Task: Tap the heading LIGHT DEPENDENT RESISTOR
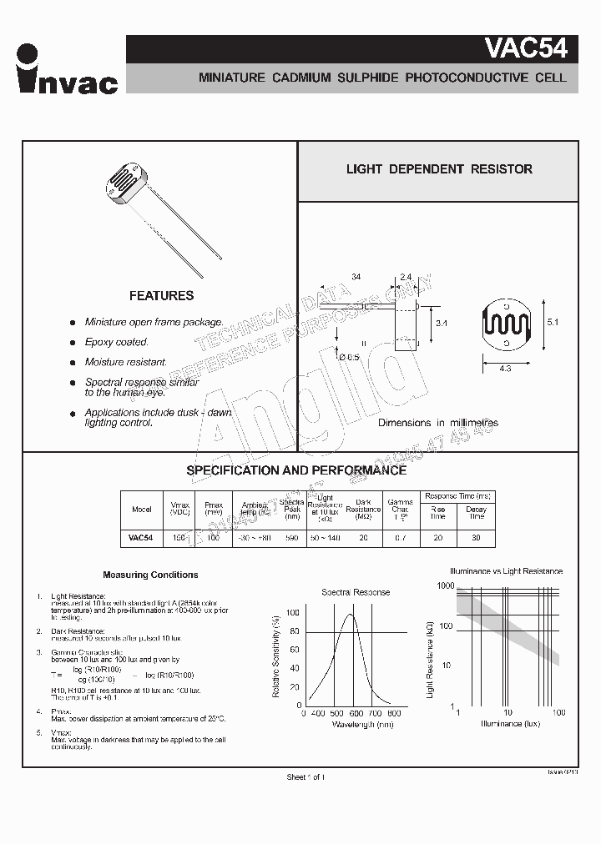[439, 169]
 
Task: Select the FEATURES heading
[161, 296]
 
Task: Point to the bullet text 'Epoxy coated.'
[117, 342]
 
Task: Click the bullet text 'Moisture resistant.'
[126, 363]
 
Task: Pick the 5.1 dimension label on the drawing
[551, 321]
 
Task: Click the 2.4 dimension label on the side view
[406, 277]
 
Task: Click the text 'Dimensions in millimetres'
[438, 423]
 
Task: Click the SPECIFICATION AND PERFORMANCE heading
[296, 470]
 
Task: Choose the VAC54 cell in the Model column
[141, 539]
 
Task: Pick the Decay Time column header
[476, 511]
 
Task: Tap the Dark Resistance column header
[363, 509]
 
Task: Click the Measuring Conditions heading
[150, 575]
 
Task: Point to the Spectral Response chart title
[356, 592]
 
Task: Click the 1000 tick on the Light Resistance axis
[442, 586]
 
